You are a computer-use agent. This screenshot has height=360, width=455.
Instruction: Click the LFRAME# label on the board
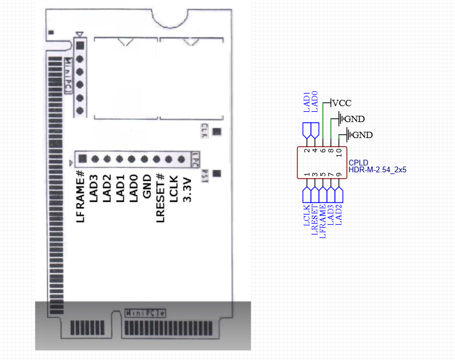coord(80,197)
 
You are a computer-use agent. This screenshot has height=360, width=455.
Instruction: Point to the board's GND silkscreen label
coord(146,187)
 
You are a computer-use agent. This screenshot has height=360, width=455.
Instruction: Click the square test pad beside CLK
coord(217,132)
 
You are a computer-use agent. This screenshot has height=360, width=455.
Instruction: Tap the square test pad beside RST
coord(217,173)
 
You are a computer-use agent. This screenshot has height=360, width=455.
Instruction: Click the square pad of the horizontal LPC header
coord(82,159)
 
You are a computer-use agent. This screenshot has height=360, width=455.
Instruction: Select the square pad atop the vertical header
coord(80,45)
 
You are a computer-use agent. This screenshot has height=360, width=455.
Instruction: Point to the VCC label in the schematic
coord(341,103)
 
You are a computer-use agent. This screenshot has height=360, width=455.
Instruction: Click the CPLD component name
coord(359,163)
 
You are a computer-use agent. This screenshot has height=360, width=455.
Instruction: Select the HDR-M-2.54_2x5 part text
coord(377,169)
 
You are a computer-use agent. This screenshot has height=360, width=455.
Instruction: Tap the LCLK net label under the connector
coord(307,217)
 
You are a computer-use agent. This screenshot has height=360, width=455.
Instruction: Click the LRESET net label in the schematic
coord(315,220)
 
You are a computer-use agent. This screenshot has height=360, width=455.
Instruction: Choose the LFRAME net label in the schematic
coord(323,221)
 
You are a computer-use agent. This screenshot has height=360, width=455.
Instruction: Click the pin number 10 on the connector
coord(339,152)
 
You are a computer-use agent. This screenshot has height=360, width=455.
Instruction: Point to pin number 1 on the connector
coord(307,175)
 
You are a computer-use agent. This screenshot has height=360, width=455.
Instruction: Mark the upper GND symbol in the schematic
coord(354,119)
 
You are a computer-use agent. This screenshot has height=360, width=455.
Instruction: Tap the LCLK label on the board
coord(173,187)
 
